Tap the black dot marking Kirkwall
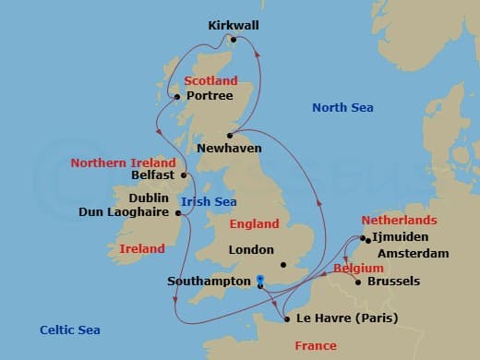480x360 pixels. pyautogui.click(x=234, y=40)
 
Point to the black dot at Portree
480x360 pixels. pyautogui.click(x=179, y=95)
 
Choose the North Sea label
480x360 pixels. pyautogui.click(x=342, y=108)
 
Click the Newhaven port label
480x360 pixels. pyautogui.click(x=229, y=148)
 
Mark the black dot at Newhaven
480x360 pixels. pyautogui.click(x=231, y=135)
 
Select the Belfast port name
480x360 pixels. pyautogui.click(x=153, y=174)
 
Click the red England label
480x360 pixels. pyautogui.click(x=254, y=223)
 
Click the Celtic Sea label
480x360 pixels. pyautogui.click(x=70, y=330)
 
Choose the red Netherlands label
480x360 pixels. pyautogui.click(x=399, y=222)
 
